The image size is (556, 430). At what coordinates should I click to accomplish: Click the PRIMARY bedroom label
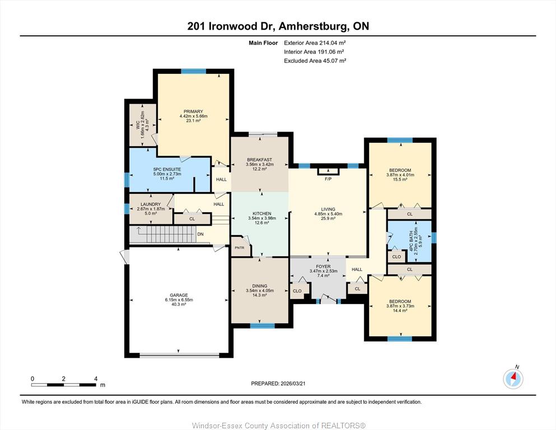point(193,111)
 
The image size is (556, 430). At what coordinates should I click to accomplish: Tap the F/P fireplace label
point(328,179)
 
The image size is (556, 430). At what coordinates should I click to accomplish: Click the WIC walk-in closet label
point(138,125)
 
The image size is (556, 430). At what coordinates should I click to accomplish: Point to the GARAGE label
point(179,295)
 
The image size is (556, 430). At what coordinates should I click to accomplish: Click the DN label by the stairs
point(200,235)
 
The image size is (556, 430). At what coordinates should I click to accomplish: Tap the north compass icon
point(513,378)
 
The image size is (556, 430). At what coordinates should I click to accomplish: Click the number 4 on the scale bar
point(96,378)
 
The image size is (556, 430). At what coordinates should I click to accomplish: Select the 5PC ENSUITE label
point(167,170)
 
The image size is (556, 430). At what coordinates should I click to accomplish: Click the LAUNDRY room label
point(151,204)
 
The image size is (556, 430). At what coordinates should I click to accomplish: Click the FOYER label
point(324,267)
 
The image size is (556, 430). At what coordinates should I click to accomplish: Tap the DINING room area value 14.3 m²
point(260,295)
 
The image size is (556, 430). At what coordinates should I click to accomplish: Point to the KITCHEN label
point(262,214)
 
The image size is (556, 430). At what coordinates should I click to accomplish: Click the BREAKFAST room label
point(260,160)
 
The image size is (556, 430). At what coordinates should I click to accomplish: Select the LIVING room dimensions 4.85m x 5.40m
point(328,214)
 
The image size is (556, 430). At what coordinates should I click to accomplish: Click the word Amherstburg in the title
point(313,26)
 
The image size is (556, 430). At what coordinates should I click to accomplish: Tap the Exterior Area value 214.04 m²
point(333,43)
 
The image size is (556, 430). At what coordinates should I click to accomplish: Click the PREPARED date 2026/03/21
point(293,384)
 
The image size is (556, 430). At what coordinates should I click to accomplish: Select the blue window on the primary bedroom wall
point(194,71)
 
